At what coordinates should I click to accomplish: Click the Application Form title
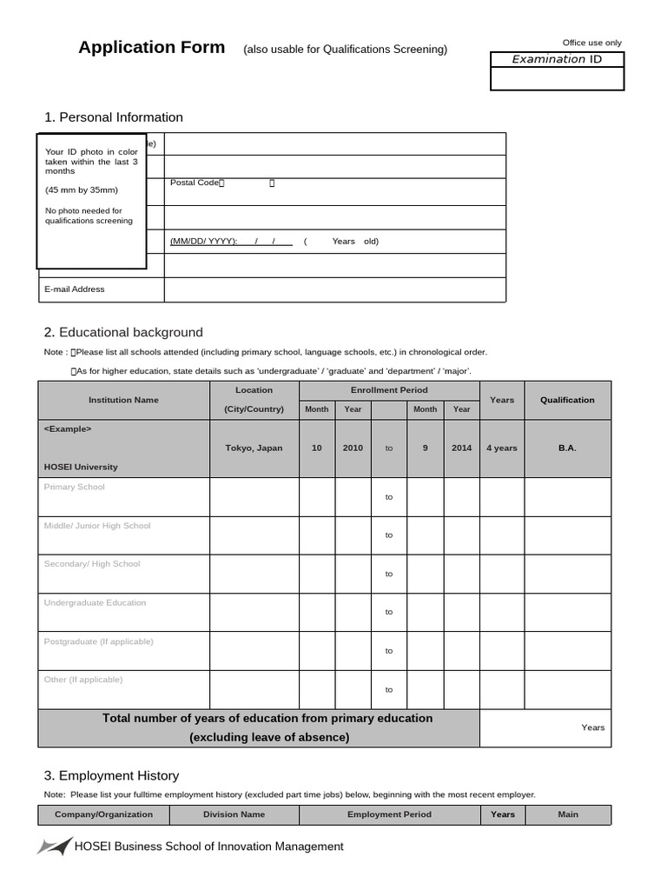[151, 48]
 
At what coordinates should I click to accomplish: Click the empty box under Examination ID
[557, 79]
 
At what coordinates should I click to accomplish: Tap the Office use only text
[591, 43]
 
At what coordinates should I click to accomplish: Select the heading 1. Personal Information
[114, 117]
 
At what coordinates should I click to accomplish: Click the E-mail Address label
[74, 289]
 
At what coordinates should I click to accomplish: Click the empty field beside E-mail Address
[334, 289]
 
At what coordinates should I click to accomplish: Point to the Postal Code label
[196, 183]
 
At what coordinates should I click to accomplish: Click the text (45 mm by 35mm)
[81, 189]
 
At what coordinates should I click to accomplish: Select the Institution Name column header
[123, 400]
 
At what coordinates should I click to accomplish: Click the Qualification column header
[567, 400]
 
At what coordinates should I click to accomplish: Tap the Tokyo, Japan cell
[254, 448]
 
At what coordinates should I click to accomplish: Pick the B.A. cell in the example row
[567, 448]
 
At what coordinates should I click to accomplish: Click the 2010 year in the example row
[353, 448]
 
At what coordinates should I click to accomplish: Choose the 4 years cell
[501, 448]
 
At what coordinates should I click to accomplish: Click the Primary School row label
[74, 487]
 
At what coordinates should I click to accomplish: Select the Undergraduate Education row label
[95, 602]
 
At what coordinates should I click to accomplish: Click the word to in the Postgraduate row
[389, 651]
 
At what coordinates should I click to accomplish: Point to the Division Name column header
[234, 814]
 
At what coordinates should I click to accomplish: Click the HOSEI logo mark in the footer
[54, 846]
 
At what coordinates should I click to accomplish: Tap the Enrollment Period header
[389, 390]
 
